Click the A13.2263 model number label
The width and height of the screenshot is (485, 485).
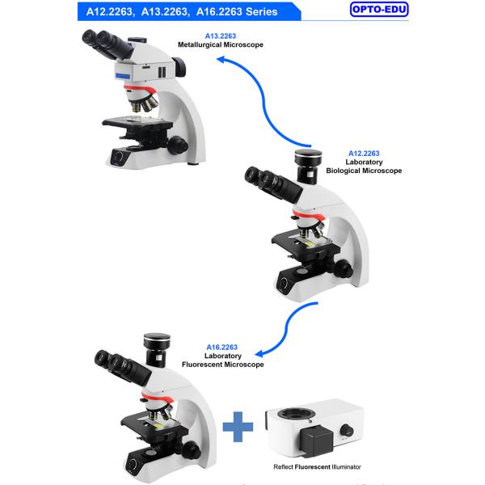click(x=220, y=36)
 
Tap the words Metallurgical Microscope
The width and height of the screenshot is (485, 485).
click(x=220, y=44)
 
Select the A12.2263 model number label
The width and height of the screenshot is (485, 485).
click(x=363, y=153)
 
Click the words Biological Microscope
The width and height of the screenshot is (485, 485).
click(x=363, y=171)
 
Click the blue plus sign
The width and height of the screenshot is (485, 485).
click(x=238, y=426)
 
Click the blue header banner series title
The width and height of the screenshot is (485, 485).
click(x=182, y=11)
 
